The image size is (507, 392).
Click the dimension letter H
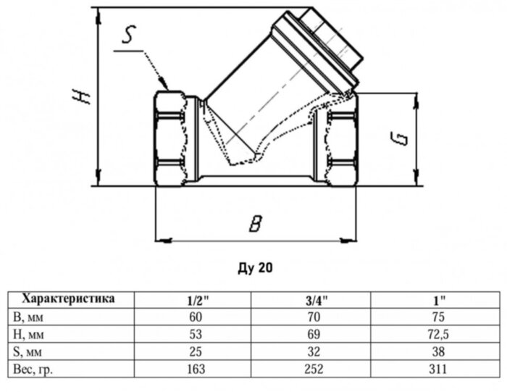point(81,96)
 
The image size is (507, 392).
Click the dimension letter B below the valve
point(255,223)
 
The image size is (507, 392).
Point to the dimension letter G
point(398,138)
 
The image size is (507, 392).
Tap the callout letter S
point(128,35)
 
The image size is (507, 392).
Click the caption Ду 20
point(255,268)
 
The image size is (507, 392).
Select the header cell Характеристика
point(68,299)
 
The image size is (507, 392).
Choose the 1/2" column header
point(198,301)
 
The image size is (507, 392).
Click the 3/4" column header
point(317,301)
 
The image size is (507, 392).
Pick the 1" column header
point(440,301)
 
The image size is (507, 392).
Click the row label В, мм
point(28,317)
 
